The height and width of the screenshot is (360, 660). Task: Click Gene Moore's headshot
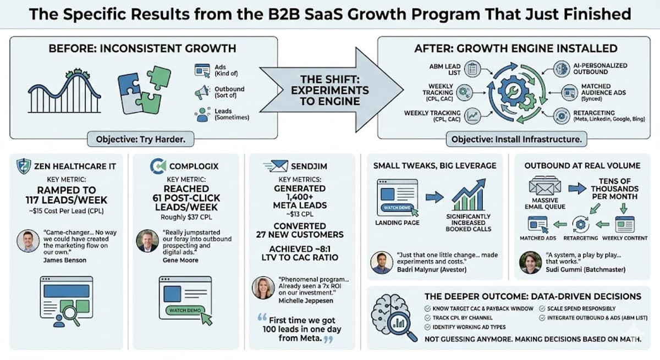(x=147, y=240)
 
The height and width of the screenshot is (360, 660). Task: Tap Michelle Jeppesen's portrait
(x=261, y=287)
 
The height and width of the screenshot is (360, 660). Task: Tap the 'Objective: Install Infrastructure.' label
(x=516, y=139)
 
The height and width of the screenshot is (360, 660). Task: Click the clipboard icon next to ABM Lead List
(x=472, y=69)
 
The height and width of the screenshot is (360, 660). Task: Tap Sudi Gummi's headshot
(x=530, y=262)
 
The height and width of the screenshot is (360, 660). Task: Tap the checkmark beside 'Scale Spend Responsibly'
(x=542, y=308)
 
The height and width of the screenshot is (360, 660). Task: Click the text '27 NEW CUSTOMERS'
(x=299, y=235)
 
